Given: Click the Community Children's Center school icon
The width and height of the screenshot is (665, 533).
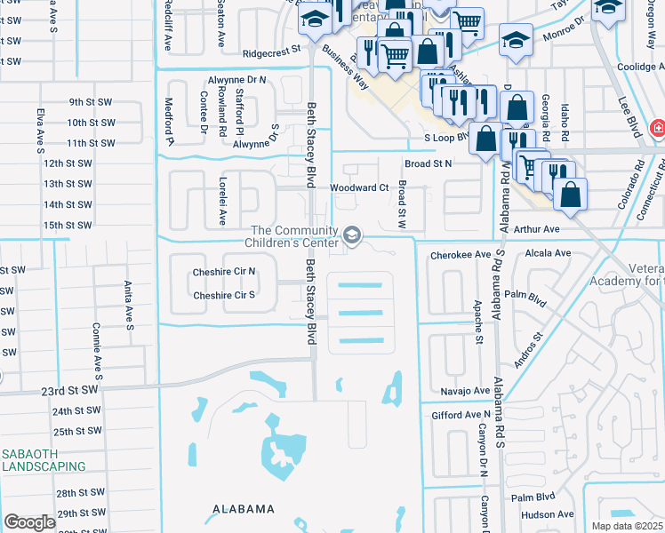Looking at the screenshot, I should [x=352, y=235].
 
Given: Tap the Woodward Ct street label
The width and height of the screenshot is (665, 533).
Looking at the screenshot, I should [x=359, y=188].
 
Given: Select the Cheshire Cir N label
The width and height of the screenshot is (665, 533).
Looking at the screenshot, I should [x=224, y=272].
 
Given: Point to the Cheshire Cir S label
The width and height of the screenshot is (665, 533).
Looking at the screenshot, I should [x=224, y=295].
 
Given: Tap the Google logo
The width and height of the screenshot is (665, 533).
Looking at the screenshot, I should [x=29, y=522].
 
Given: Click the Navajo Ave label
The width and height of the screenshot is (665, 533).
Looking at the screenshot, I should [x=465, y=391].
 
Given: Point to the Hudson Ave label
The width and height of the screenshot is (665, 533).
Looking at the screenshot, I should [x=548, y=514].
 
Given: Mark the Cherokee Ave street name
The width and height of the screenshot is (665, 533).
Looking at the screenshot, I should [x=461, y=254].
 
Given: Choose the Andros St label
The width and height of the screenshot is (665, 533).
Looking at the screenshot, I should [x=526, y=351].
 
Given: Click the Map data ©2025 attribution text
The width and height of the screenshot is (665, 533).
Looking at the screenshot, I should [x=627, y=526].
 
